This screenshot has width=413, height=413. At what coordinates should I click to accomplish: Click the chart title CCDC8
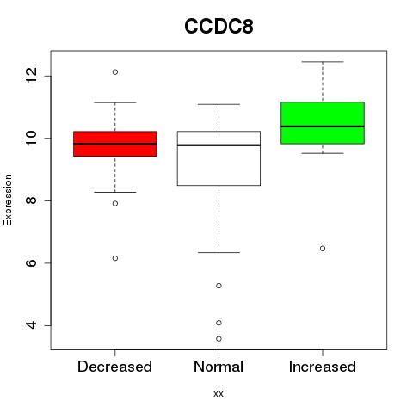(219, 27)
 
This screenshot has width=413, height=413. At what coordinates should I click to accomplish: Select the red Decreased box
(115, 144)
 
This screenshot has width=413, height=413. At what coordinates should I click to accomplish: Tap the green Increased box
(323, 123)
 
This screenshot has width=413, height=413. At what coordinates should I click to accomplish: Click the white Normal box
(219, 158)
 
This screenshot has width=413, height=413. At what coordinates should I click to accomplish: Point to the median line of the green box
(323, 126)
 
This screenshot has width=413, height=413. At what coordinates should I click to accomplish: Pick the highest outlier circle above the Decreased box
(115, 72)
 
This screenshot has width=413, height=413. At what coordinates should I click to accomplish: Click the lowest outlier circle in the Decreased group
(115, 258)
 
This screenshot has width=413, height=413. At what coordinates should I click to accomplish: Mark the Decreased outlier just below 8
(115, 204)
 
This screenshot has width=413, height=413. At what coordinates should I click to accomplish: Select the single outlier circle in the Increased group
(323, 249)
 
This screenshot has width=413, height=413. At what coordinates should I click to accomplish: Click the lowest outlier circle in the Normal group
(219, 339)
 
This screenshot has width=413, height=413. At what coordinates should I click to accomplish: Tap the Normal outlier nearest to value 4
(219, 323)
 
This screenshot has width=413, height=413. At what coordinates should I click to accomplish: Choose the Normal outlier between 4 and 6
(219, 286)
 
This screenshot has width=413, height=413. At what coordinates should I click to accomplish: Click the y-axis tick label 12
(31, 76)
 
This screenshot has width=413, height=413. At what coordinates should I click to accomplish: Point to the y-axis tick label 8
(31, 200)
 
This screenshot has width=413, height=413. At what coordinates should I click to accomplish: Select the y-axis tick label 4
(31, 325)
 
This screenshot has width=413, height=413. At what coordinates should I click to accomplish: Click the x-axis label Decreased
(114, 367)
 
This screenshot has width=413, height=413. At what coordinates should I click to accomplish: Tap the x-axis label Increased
(323, 367)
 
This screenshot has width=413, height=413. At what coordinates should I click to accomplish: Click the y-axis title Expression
(8, 200)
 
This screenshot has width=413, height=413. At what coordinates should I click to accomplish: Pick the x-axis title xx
(219, 394)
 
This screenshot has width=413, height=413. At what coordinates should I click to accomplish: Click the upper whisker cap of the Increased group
(323, 62)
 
